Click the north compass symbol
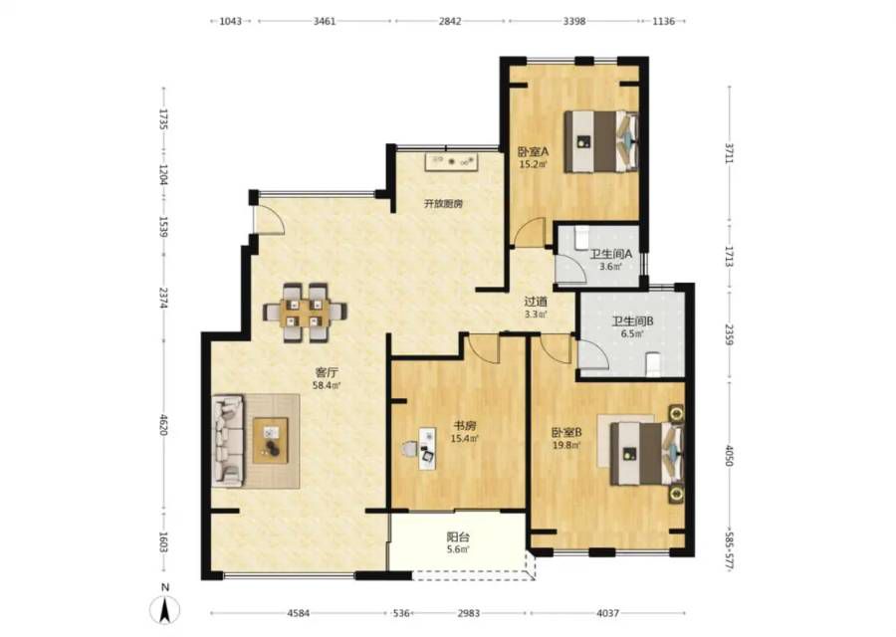click(164, 609)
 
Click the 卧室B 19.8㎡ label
click(566, 438)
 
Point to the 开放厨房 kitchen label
click(443, 203)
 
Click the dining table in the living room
click(306, 312)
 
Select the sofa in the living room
click(229, 440)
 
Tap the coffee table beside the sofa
click(270, 441)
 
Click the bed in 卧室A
click(600, 141)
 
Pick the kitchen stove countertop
click(451, 161)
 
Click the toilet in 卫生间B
click(653, 365)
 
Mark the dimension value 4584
click(299, 613)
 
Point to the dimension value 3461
click(325, 21)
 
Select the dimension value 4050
click(729, 455)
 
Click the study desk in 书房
click(426, 449)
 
